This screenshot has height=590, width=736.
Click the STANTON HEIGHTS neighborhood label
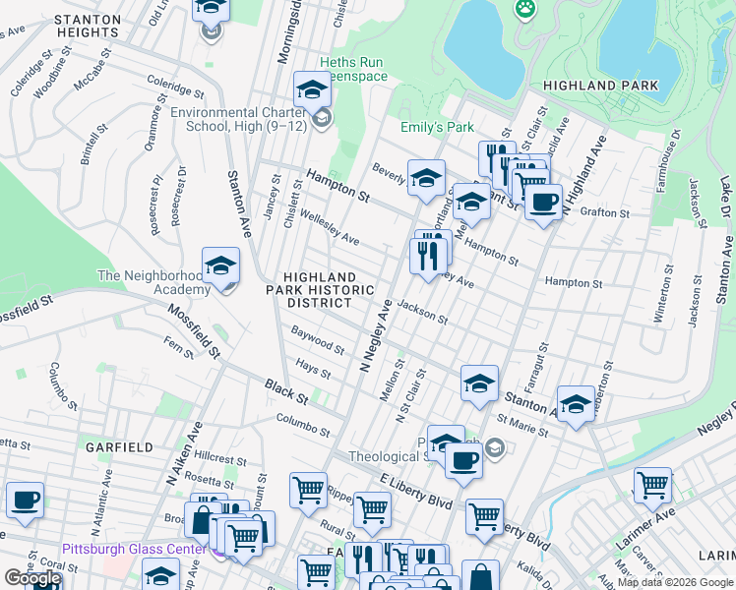coord(87,26)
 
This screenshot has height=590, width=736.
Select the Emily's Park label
coord(437,127)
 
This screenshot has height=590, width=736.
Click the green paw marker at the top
coord(525,9)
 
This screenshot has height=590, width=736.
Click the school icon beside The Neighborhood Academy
coord(221,265)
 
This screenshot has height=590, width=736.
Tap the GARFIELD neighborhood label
coord(119,446)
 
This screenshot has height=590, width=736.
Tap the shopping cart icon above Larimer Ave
coord(651,484)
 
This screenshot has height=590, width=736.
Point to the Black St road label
coord(286,391)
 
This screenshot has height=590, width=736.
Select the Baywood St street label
coord(318,343)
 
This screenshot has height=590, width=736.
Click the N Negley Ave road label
coord(376,334)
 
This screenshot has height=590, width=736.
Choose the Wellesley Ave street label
coord(329,227)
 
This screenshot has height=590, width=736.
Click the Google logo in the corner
coord(32,578)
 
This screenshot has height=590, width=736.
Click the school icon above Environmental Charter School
coord(312,89)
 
